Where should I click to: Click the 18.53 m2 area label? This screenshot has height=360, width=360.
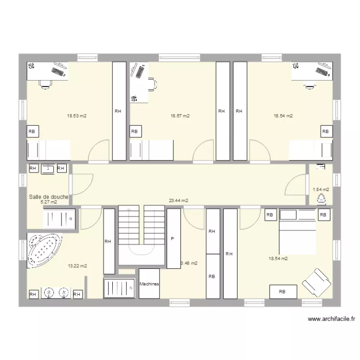[77, 116]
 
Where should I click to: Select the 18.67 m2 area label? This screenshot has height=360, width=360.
[180, 116]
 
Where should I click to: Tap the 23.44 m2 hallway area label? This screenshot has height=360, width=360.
[179, 201]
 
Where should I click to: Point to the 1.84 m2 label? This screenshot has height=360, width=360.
[321, 190]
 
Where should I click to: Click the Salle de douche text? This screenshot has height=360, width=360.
[48, 197]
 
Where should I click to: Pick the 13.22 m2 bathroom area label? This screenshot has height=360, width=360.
[77, 266]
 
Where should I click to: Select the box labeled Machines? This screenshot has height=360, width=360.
[149, 284]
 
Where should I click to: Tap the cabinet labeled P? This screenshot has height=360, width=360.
[173, 239]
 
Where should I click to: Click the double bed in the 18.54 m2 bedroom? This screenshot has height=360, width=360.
[298, 232]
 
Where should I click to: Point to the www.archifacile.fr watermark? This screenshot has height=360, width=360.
[331, 319]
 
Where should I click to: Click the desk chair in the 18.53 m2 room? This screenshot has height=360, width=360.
[46, 84]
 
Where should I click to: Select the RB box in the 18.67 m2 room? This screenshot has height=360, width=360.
[134, 131]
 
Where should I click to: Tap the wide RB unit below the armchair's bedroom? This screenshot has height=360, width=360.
[282, 291]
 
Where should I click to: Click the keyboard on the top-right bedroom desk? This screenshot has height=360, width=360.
[323, 71]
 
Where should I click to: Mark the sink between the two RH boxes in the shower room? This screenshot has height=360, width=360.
[48, 168]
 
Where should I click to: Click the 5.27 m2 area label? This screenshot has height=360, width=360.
[48, 202]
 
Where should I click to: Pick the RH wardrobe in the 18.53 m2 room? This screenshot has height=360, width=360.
[119, 111]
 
